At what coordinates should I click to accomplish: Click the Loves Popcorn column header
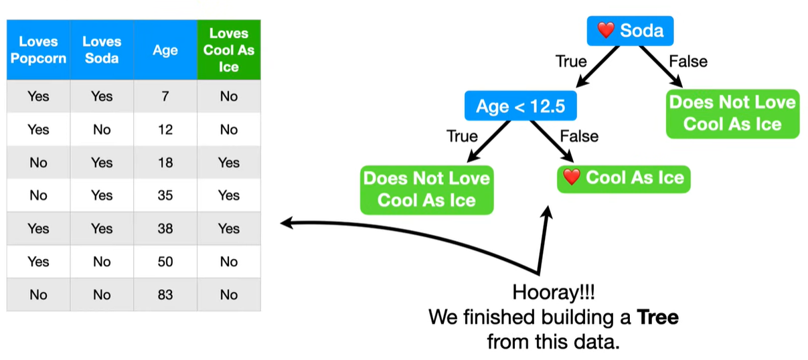(x=38, y=50)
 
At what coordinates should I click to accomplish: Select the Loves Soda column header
(x=101, y=50)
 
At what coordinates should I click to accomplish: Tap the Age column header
(x=165, y=50)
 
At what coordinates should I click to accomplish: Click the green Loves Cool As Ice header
(x=228, y=50)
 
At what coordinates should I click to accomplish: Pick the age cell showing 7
(x=165, y=96)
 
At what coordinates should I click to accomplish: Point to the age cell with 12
(x=165, y=129)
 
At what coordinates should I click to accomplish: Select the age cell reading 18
(x=165, y=163)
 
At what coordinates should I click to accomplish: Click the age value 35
(x=165, y=195)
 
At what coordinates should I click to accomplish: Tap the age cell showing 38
(x=165, y=228)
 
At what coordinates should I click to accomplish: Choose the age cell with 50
(x=165, y=262)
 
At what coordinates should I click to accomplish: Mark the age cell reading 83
(x=165, y=294)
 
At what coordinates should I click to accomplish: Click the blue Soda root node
(x=629, y=31)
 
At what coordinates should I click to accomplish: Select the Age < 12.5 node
(x=520, y=106)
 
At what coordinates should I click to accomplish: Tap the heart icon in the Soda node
(x=605, y=31)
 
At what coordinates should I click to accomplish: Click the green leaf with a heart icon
(x=623, y=178)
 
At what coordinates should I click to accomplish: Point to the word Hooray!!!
(x=553, y=293)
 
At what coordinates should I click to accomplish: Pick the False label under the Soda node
(x=688, y=62)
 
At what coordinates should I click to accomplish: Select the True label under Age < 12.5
(x=462, y=137)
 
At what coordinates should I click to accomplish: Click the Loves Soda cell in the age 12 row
(x=101, y=129)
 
